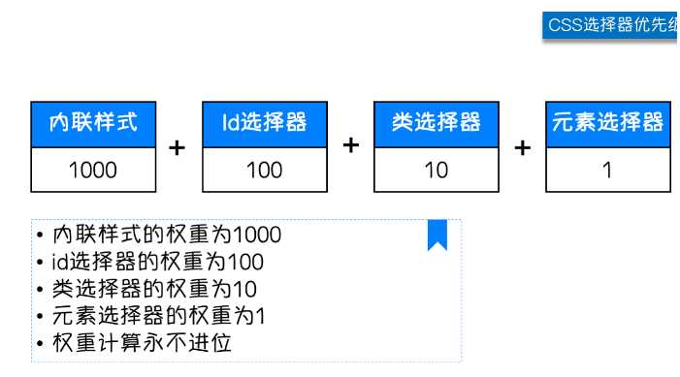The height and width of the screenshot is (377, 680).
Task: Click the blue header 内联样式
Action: (x=93, y=123)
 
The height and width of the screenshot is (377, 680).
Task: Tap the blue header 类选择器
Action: (x=437, y=123)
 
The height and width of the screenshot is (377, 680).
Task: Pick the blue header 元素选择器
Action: (x=607, y=123)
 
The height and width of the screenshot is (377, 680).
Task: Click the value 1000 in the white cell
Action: (x=93, y=170)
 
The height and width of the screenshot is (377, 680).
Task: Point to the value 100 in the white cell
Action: (x=265, y=170)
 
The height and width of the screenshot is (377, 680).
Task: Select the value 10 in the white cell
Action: (x=437, y=170)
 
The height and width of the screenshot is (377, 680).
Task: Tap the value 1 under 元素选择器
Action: (x=607, y=170)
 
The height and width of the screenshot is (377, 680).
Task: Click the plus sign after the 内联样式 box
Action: (x=178, y=148)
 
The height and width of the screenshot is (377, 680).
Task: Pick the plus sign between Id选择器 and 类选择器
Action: (x=351, y=145)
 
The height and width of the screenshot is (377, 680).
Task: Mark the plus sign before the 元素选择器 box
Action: (x=523, y=148)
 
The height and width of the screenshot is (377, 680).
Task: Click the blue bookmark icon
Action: (x=437, y=236)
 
